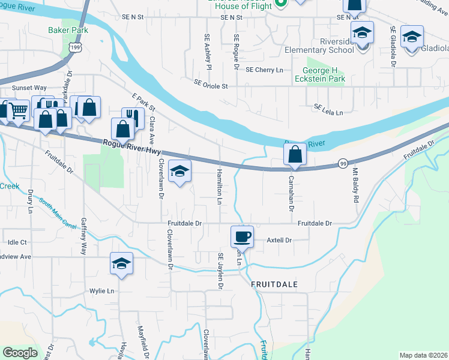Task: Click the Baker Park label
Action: coord(68,30)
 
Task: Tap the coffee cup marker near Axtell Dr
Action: coord(242,236)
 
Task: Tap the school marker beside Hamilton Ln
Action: coord(179,172)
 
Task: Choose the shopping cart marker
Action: coord(18,110)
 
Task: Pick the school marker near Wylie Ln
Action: coord(121,263)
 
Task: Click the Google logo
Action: coord(20,353)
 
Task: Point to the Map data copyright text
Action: coord(423,355)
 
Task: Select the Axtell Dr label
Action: coord(279,240)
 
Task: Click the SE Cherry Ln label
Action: coord(265,70)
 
